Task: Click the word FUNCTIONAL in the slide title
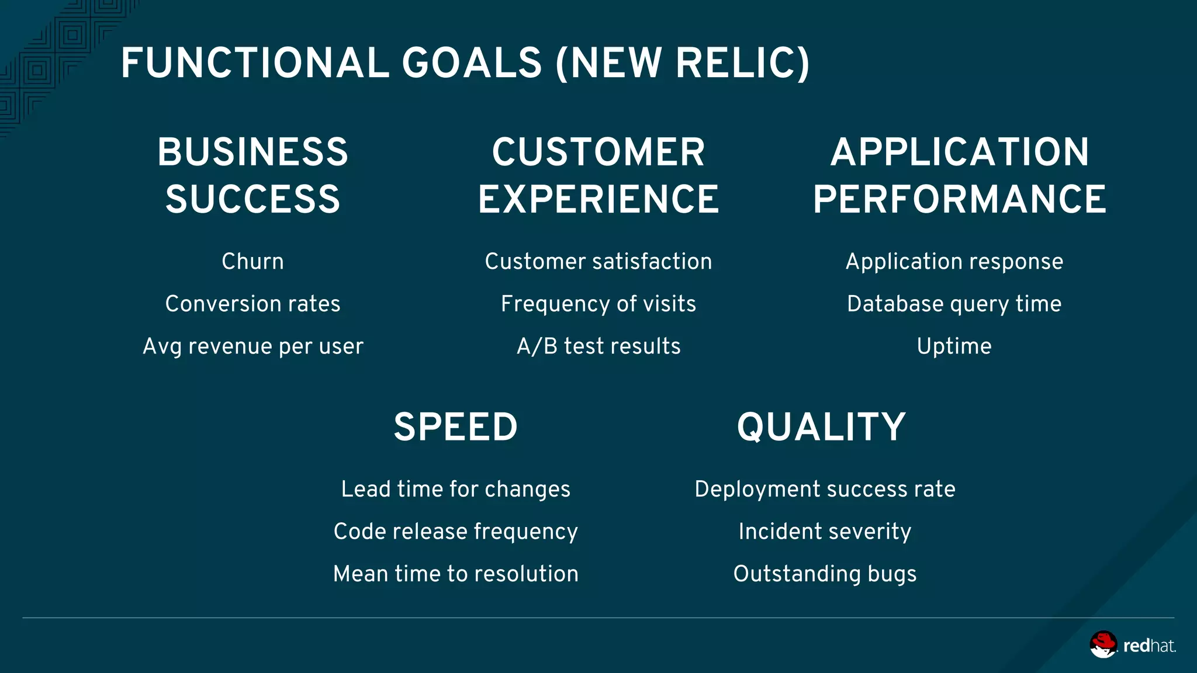click(x=255, y=63)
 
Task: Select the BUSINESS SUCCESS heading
click(x=252, y=175)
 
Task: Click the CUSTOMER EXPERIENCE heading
click(x=598, y=175)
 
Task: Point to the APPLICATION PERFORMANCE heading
click(x=960, y=175)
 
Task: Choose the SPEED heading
click(x=456, y=427)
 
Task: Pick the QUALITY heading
click(x=821, y=427)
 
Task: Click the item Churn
click(x=252, y=262)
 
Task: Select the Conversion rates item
click(x=252, y=304)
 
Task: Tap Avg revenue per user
click(x=252, y=346)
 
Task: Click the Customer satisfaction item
click(x=598, y=262)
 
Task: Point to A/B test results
click(x=598, y=346)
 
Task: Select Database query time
click(x=954, y=304)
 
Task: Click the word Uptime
click(x=954, y=346)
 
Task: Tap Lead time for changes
click(x=456, y=489)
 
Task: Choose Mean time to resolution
click(x=456, y=574)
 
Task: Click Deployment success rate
click(x=825, y=489)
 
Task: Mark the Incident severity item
click(x=825, y=532)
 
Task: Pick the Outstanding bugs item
click(x=825, y=574)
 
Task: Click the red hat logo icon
click(x=1103, y=644)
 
